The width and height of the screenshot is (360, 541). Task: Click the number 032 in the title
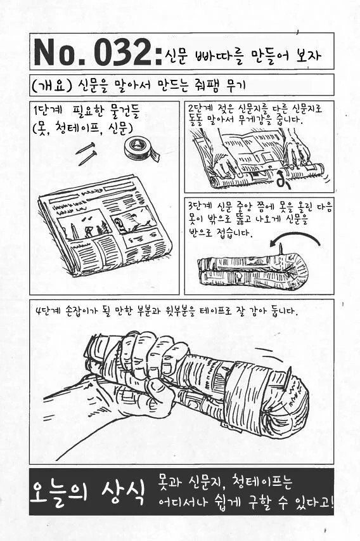pyautogui.click(x=122, y=52)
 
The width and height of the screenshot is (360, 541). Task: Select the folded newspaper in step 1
pyautogui.click(x=105, y=225)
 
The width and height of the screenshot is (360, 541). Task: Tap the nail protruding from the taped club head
pyautogui.click(x=287, y=378)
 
